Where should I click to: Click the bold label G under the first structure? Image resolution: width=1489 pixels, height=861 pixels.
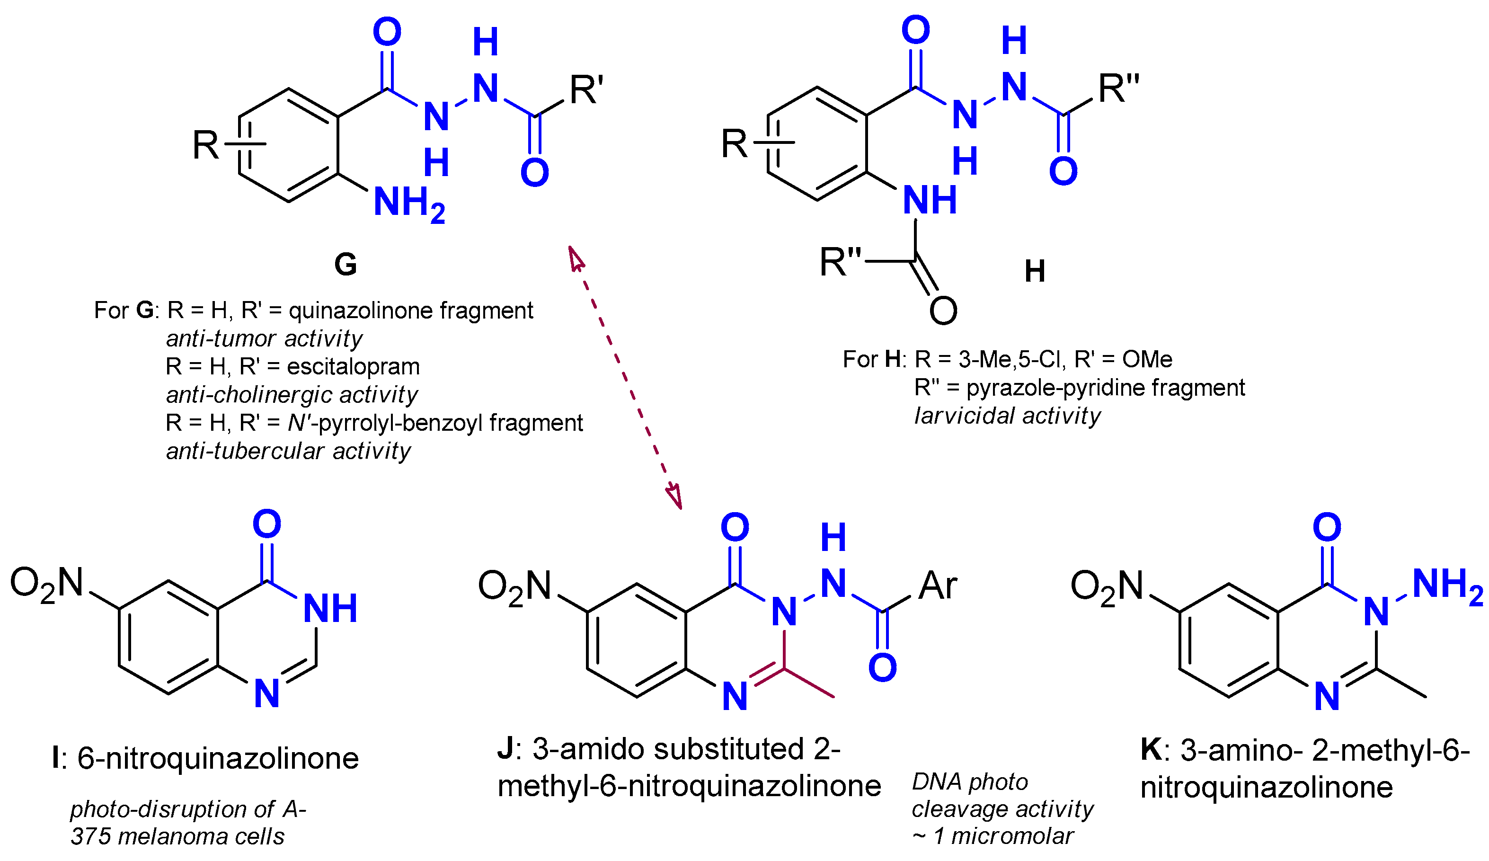point(345,264)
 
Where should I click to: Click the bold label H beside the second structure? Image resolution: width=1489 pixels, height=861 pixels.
point(1035,271)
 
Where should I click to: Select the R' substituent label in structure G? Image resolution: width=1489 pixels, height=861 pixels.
point(586,90)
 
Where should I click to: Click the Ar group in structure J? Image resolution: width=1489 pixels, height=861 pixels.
point(938,586)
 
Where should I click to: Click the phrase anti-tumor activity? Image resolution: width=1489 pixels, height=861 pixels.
point(264,338)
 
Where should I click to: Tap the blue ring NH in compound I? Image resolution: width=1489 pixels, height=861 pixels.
point(330,609)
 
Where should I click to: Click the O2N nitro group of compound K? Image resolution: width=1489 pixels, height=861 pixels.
point(1107,587)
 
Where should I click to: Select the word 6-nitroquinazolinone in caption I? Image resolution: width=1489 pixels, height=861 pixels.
point(218,758)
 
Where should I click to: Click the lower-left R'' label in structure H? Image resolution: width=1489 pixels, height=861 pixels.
point(840,262)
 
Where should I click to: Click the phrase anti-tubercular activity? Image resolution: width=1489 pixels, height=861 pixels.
point(288,451)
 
